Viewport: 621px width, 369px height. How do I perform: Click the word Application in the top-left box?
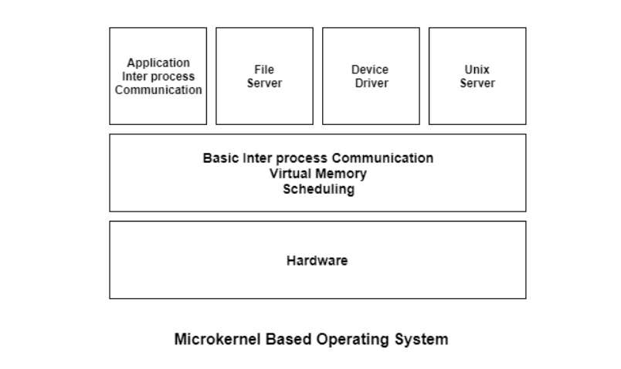coord(158,63)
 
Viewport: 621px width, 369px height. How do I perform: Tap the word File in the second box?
coord(264,70)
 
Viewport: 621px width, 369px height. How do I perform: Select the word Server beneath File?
coord(264,83)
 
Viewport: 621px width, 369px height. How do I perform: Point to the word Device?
coord(370,70)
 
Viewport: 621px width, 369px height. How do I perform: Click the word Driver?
coord(371,83)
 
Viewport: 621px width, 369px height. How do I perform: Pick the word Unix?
coord(477,70)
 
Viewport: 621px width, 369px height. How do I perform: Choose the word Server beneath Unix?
coord(477,83)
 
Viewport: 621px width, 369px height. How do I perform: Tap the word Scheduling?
coord(317,189)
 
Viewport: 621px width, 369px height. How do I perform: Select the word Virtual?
coord(290,174)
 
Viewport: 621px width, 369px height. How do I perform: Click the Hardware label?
coord(317,260)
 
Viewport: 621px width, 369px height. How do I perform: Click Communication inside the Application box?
coord(158,90)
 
